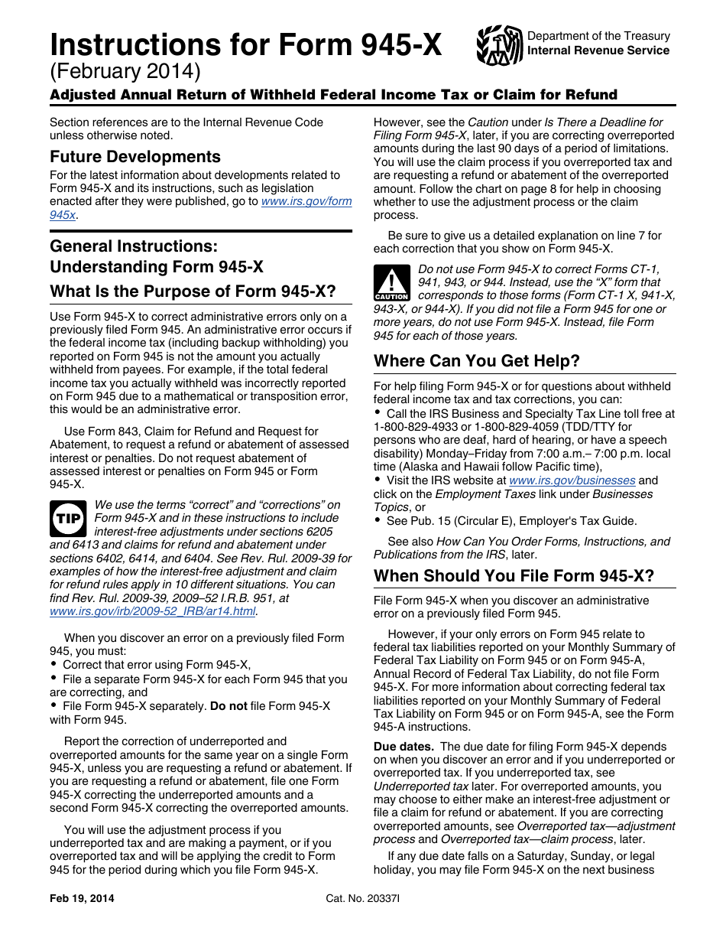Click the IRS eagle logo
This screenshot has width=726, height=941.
pyautogui.click(x=499, y=44)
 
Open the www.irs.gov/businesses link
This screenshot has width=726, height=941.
pyautogui.click(x=572, y=480)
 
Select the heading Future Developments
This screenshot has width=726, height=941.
pyautogui.click(x=135, y=157)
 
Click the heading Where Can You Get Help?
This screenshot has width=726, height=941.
pyautogui.click(x=477, y=360)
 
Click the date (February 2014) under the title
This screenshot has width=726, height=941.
pyautogui.click(x=125, y=72)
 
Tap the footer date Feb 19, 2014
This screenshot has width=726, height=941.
pyautogui.click(x=82, y=899)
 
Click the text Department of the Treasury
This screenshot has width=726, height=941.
pyautogui.click(x=598, y=36)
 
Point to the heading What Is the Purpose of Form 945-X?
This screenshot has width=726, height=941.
pyautogui.click(x=192, y=291)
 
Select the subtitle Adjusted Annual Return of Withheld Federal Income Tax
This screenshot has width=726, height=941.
pyautogui.click(x=333, y=95)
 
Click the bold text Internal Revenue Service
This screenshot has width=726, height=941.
pyautogui.click(x=598, y=50)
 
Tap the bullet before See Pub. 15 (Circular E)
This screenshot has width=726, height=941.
pyautogui.click(x=378, y=520)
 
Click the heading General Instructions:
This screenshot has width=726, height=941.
pyautogui.click(x=134, y=246)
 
